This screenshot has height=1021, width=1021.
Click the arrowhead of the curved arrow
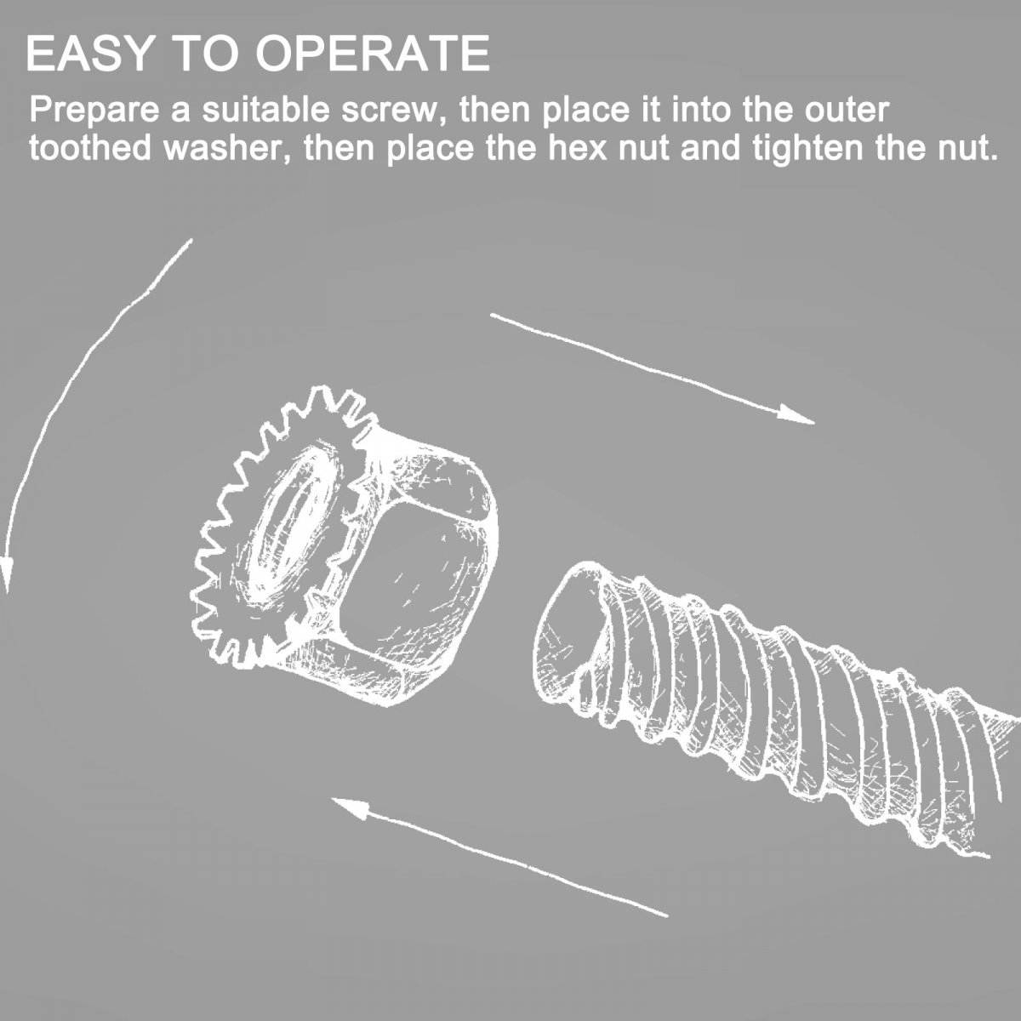[6, 573]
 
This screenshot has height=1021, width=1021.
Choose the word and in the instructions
[710, 149]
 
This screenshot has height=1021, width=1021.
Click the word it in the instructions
[653, 111]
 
